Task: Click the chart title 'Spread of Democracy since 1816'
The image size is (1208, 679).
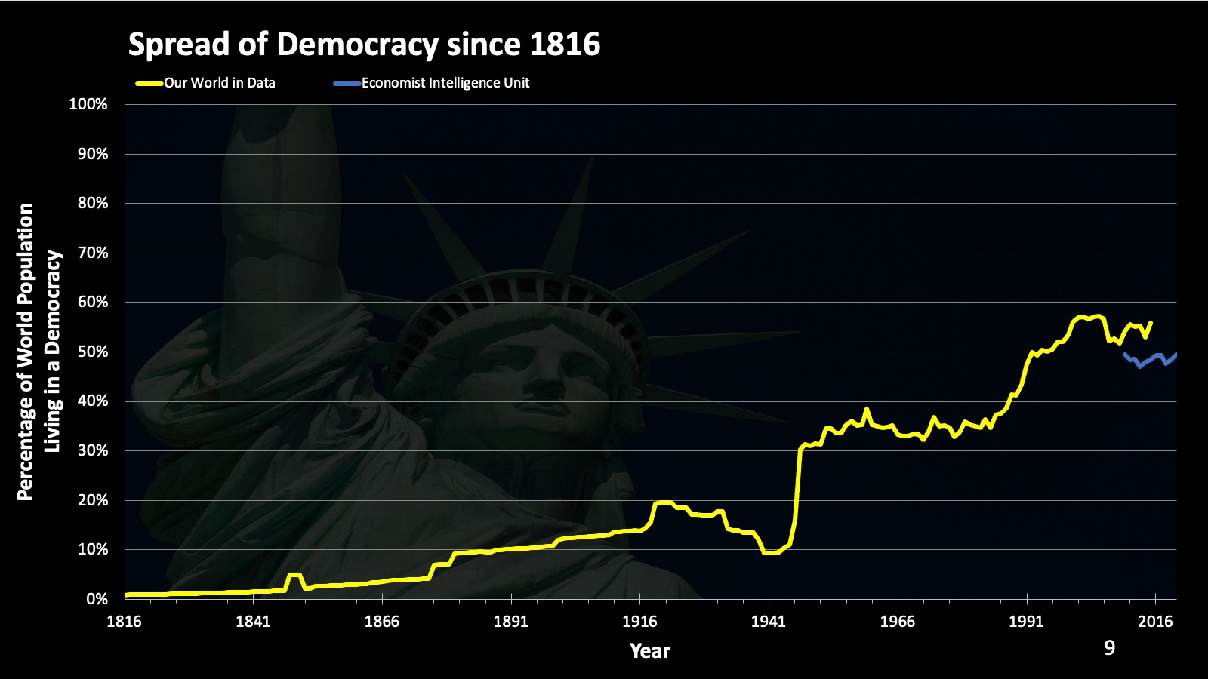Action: tap(364, 45)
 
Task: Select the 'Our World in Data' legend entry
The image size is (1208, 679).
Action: tap(220, 83)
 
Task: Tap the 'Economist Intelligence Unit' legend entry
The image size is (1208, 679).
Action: tap(445, 83)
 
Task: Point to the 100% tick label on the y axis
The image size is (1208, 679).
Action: tap(88, 104)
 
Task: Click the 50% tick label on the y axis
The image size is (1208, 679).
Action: tap(92, 352)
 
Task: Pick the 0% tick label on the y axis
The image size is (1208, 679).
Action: tap(96, 599)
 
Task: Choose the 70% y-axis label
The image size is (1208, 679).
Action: tap(92, 253)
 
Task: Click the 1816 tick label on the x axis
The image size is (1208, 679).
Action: tap(124, 622)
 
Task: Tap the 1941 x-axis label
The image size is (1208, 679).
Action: tap(769, 622)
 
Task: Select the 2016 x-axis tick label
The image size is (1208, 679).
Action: tap(1155, 622)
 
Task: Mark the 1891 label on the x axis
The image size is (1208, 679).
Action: tap(511, 622)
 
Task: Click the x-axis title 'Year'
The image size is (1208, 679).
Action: tap(650, 651)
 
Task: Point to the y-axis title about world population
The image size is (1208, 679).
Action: tap(38, 352)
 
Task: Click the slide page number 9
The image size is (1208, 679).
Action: tap(1109, 648)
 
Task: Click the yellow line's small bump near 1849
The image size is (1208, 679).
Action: tap(294, 575)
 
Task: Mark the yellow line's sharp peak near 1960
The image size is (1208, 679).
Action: tap(866, 410)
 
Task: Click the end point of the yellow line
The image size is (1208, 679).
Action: tap(1151, 322)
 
